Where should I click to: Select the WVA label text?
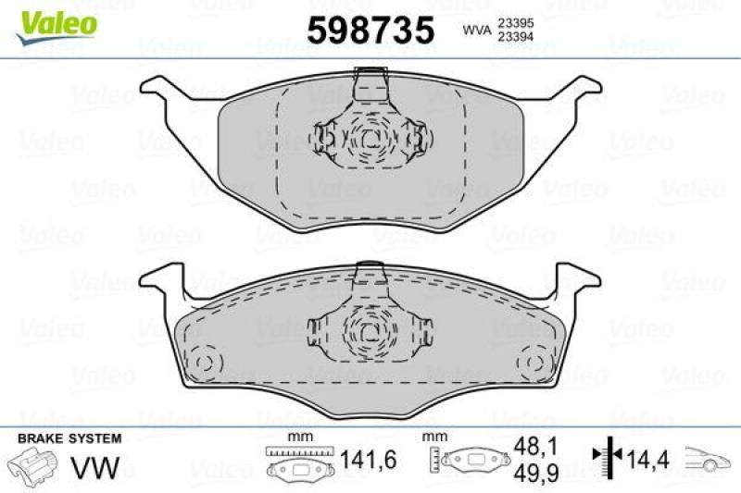pos(474,31)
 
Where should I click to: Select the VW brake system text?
pos(102,468)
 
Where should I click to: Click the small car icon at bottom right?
pos(709,459)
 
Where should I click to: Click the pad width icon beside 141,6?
pos(297,462)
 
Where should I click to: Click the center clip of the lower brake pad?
pos(370,329)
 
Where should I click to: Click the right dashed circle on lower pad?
pos(534,360)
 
